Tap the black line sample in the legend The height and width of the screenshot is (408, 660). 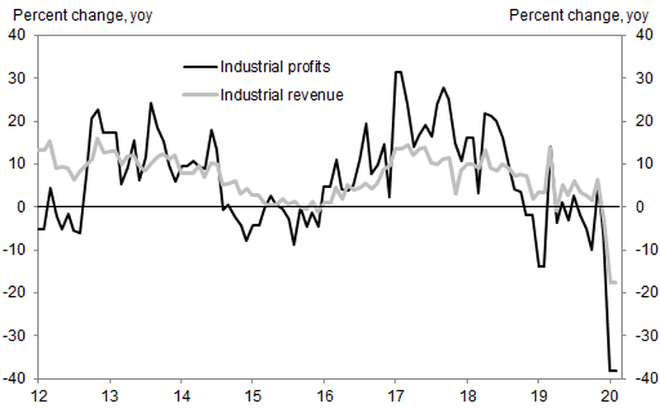(199, 66)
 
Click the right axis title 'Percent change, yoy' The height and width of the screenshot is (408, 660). (578, 15)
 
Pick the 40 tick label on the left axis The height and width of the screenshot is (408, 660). (18, 35)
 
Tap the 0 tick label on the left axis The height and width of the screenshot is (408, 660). (22, 207)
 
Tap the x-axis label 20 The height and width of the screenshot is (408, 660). (610, 394)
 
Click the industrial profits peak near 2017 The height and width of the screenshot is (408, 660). (398, 72)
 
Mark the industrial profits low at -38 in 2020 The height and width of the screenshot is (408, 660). (613, 371)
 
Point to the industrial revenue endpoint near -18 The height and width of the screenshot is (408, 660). (614, 283)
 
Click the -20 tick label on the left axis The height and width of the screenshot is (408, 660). (16, 293)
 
